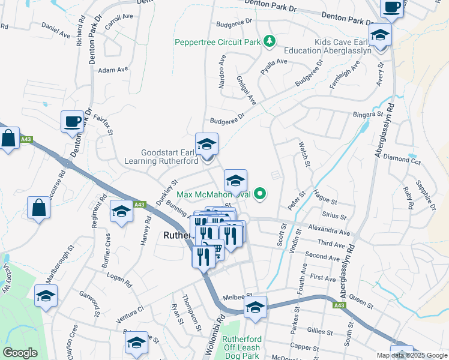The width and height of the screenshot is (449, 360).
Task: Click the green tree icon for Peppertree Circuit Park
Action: [x=271, y=41]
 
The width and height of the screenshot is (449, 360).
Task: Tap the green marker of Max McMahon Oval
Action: [x=260, y=194]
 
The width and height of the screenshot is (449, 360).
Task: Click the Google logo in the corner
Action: [x=20, y=353]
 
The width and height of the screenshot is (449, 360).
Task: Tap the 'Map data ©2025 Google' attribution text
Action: [x=412, y=355]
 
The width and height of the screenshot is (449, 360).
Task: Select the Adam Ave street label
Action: [x=114, y=70]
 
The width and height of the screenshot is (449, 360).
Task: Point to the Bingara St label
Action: [x=368, y=113]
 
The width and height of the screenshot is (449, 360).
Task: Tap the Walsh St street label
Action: [x=304, y=154]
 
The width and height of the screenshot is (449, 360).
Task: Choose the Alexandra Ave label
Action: [x=328, y=230]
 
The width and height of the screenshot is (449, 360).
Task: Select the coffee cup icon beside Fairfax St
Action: [x=72, y=122]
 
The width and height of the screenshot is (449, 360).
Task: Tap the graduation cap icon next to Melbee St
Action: [x=255, y=307]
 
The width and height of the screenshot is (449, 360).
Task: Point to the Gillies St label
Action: [x=319, y=332]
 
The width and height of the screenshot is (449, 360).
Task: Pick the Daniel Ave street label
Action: [x=56, y=28]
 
